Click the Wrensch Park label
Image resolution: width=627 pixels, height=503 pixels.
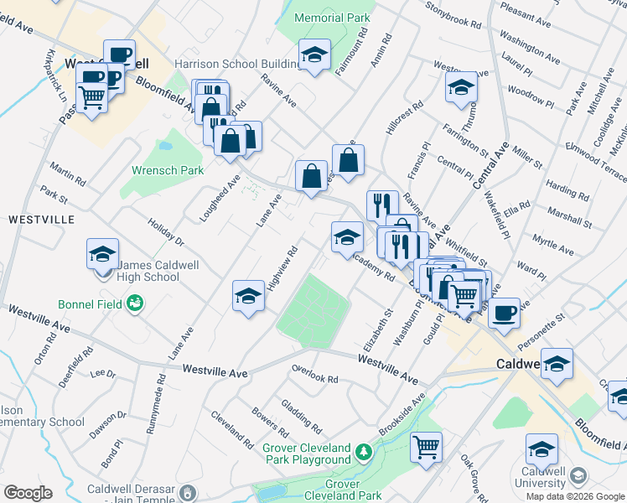[168, 170]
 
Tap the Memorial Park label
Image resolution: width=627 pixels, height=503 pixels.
[333, 17]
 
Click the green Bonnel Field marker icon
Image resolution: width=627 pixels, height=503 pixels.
[134, 303]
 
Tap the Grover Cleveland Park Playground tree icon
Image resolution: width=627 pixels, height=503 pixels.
[363, 453]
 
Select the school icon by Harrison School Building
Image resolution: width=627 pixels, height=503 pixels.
[314, 55]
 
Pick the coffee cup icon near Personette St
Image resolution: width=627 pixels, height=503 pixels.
[503, 312]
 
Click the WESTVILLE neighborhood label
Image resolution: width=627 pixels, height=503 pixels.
[41, 219]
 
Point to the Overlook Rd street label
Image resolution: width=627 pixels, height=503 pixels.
[314, 374]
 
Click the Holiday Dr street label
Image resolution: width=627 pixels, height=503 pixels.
[165, 232]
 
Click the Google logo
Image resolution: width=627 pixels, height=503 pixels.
[28, 493]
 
